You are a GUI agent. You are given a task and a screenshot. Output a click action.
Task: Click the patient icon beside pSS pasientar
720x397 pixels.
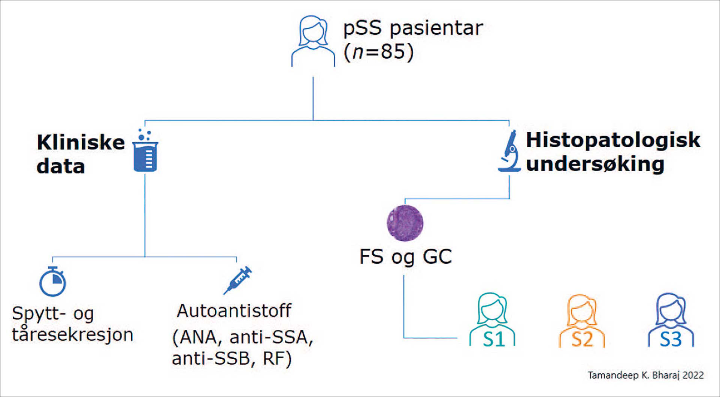(313, 41)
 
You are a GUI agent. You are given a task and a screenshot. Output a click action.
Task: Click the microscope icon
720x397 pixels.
(509, 151)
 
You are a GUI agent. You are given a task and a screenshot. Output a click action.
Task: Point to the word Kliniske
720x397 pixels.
(81, 142)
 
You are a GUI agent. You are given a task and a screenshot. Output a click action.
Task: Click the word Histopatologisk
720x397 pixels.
(613, 140)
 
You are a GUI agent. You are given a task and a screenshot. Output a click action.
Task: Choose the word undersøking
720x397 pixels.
(595, 164)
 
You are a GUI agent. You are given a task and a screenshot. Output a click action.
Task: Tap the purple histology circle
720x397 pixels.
(405, 223)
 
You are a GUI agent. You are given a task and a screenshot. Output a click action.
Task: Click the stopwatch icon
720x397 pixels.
(53, 282)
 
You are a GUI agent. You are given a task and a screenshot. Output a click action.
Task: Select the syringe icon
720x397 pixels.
(238, 281)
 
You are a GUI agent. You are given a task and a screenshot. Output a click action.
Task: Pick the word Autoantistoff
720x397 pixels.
(234, 311)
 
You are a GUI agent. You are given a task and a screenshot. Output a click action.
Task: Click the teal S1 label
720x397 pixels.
(493, 339)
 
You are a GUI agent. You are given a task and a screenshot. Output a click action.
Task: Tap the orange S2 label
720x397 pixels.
(582, 340)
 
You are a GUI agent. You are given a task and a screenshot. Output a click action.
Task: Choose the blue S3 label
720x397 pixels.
(671, 339)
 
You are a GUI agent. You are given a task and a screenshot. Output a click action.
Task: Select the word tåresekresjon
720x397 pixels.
(73, 334)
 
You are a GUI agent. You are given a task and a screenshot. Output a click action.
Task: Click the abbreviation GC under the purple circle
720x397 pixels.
(437, 257)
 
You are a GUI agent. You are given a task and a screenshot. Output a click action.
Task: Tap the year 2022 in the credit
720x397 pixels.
(693, 375)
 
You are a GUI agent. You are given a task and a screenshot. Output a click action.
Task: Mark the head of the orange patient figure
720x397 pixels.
(582, 309)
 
